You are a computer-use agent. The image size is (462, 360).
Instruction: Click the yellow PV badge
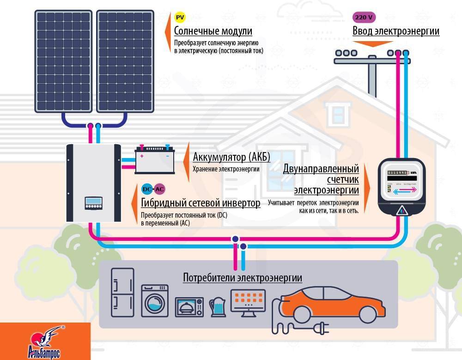[x=180, y=18]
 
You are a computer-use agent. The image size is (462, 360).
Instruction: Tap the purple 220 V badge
[x=364, y=18]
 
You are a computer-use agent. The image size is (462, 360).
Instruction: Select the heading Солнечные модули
[x=213, y=31]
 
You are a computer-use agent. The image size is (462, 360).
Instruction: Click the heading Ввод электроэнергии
[x=396, y=31]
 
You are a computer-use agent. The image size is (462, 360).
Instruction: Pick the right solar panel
[x=125, y=61]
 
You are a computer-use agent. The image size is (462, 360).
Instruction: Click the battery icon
[x=155, y=159]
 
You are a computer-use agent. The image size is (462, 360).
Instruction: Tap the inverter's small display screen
[x=93, y=202]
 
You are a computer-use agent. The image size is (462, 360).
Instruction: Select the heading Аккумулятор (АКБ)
[x=231, y=156]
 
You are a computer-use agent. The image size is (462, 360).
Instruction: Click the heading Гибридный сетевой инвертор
[x=201, y=203]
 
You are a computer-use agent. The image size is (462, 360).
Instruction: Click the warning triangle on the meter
[x=401, y=211]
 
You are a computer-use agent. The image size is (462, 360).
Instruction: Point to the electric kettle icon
[x=216, y=307]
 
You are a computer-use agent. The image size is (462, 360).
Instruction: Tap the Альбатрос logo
[x=45, y=342]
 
